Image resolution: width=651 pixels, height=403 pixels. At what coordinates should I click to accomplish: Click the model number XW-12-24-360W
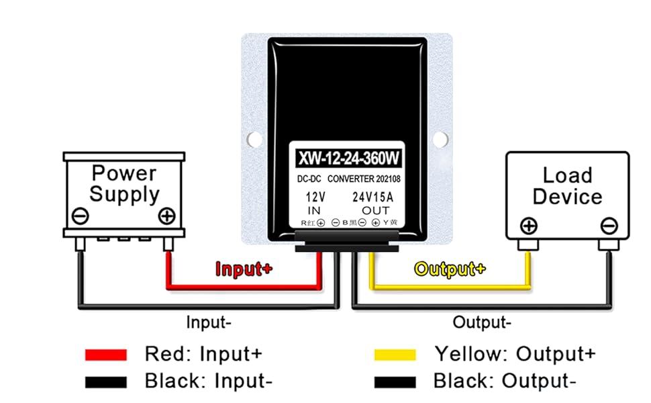click(348, 159)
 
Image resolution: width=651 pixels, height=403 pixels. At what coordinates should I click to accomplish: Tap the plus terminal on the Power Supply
click(166, 216)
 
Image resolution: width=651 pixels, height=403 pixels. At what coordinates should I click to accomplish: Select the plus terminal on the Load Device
click(529, 226)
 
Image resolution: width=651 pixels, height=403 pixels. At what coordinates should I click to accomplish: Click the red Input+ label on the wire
click(244, 269)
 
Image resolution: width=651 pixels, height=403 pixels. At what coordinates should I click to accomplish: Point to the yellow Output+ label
click(449, 269)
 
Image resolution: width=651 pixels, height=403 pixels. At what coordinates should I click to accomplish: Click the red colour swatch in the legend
click(105, 355)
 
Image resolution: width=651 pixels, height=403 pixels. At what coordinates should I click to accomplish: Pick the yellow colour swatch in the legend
click(395, 355)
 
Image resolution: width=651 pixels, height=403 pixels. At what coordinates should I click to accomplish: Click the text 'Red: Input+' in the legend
click(203, 354)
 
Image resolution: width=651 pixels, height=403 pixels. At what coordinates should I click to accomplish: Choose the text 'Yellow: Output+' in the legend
click(515, 354)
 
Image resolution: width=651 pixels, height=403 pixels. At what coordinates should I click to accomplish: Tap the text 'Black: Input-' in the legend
click(209, 382)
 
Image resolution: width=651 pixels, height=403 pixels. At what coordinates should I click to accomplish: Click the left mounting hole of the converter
click(254, 139)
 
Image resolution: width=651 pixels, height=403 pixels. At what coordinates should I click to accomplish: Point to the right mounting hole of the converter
click(440, 139)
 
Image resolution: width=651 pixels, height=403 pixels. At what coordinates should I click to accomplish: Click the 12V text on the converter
click(315, 197)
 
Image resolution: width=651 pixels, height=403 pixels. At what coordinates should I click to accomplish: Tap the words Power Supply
click(125, 183)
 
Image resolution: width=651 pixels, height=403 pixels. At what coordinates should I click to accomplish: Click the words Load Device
click(567, 186)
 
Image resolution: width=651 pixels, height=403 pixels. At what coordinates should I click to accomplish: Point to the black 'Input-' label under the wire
click(209, 322)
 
